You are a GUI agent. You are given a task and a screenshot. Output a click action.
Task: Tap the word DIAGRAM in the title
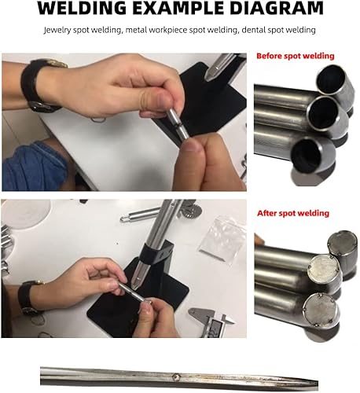[x=271, y=9]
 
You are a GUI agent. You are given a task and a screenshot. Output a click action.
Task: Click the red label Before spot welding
[x=295, y=57]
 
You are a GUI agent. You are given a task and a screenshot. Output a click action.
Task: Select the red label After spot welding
[x=292, y=213]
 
